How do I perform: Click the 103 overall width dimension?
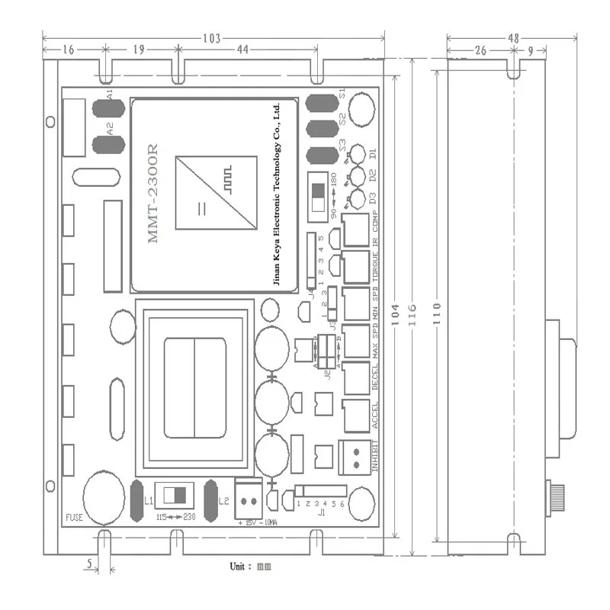click(x=213, y=38)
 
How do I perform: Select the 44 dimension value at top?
click(x=243, y=50)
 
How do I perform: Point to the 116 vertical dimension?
click(x=412, y=313)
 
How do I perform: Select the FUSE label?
click(x=74, y=517)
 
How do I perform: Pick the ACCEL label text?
click(x=374, y=416)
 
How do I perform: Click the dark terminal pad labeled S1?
click(x=322, y=103)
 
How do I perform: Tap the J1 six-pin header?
click(x=321, y=490)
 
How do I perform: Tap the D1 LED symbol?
click(x=353, y=159)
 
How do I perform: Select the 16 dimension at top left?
click(x=69, y=50)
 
